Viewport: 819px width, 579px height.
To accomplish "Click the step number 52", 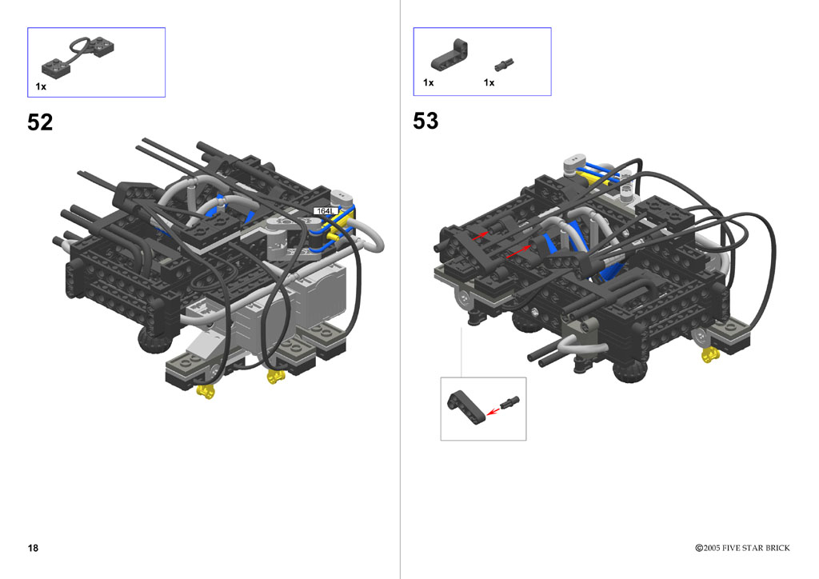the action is [x=40, y=122].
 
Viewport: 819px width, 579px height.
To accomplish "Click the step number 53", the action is [x=425, y=121].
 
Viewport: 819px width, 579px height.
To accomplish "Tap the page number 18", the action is [x=33, y=548].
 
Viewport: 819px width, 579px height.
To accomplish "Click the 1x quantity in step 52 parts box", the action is [x=41, y=86].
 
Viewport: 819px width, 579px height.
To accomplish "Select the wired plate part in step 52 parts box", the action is [x=78, y=56].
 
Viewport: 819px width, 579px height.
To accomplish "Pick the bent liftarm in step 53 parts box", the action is [x=449, y=55].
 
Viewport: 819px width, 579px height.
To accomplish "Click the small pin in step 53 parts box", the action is [x=504, y=65].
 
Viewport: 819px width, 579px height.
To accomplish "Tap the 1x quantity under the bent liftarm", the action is [x=429, y=82].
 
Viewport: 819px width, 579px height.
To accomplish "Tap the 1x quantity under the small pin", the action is [x=489, y=82].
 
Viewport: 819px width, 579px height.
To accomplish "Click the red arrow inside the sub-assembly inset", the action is [x=493, y=411].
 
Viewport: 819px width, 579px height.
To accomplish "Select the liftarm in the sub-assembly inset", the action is [x=466, y=407].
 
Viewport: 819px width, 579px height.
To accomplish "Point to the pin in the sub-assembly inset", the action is [x=509, y=402].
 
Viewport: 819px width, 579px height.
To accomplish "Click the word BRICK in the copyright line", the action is [x=777, y=548].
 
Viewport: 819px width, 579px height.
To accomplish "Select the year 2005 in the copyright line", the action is [x=712, y=548].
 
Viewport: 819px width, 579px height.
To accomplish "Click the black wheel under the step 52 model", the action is [x=154, y=341].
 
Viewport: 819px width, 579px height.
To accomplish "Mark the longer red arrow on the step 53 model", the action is [x=519, y=252].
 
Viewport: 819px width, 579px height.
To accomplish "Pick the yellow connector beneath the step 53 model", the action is [x=710, y=355].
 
